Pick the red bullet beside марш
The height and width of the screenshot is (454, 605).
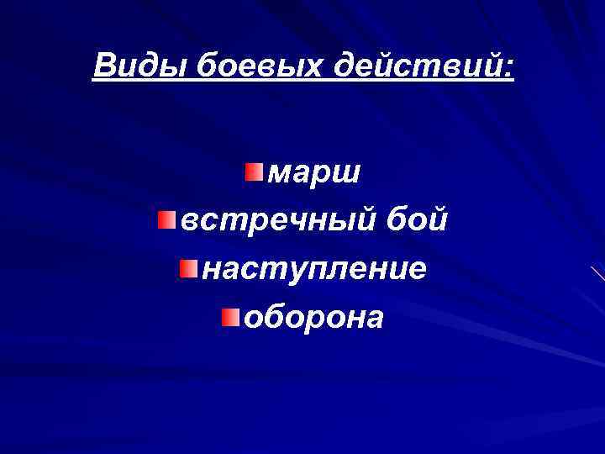point(254,173)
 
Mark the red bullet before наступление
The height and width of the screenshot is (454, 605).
point(188,269)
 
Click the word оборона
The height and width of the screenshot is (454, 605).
point(312,317)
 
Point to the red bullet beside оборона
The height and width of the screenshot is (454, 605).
point(231,317)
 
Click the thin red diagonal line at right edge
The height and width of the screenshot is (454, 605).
point(597,272)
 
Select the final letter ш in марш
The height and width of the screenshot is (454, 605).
point(347,174)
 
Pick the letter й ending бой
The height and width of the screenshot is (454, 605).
point(438,219)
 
